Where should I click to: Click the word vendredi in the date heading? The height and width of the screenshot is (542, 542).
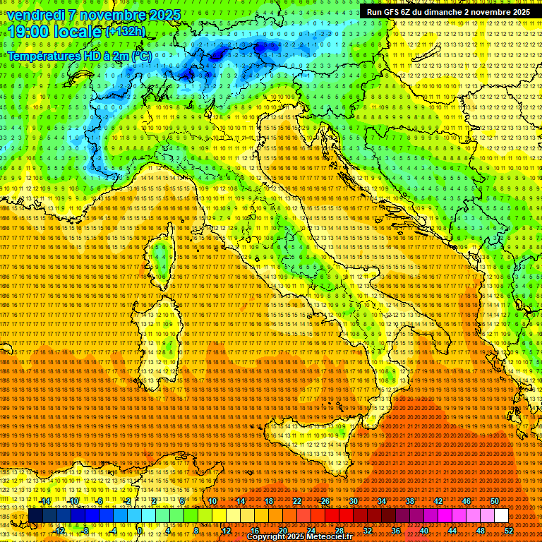(x=33, y=15)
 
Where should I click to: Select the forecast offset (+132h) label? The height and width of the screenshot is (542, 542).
(x=126, y=32)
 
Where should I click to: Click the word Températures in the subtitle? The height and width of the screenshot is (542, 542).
(x=44, y=56)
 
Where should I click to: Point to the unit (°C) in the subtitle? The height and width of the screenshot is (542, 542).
(x=140, y=56)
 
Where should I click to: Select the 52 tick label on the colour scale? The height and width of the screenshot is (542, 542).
(x=508, y=530)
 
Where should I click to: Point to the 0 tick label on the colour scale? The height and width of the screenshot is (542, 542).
(x=140, y=530)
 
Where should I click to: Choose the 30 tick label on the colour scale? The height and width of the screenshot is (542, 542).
(x=354, y=501)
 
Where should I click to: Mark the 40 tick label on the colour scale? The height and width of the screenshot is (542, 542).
(x=424, y=530)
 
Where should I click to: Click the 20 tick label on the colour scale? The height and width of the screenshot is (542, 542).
(x=282, y=530)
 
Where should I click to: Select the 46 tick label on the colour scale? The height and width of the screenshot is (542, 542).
(x=466, y=501)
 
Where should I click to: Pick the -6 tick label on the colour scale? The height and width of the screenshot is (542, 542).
(x=99, y=501)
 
